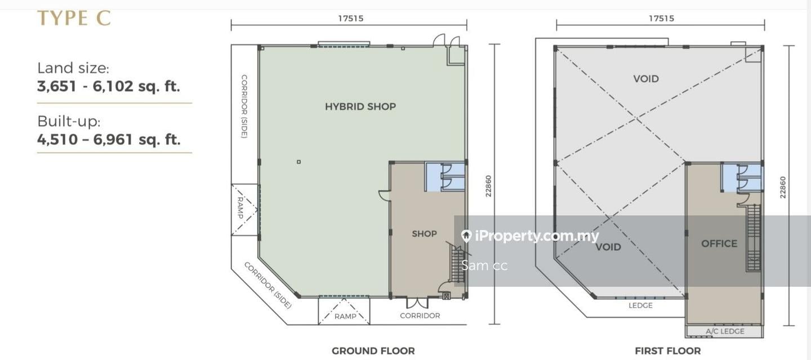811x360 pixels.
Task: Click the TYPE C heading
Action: click(x=74, y=19)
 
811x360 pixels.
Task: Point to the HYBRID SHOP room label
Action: click(x=360, y=106)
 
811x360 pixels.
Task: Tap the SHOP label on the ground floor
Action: click(x=424, y=234)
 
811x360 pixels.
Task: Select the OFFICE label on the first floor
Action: click(x=719, y=243)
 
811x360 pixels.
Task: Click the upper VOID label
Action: click(x=646, y=79)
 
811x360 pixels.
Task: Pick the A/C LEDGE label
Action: click(x=725, y=331)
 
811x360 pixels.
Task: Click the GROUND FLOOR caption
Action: click(x=373, y=350)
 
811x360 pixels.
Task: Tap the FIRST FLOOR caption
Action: click(x=667, y=350)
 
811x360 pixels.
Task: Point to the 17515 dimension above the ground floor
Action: click(x=350, y=18)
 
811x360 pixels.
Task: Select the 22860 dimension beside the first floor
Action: click(x=783, y=187)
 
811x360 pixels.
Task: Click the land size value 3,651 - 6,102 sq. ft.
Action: click(x=109, y=86)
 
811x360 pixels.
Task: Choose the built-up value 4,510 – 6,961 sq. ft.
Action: click(x=109, y=140)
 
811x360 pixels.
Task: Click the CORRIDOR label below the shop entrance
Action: click(x=420, y=315)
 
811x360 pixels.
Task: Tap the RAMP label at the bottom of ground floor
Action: click(x=345, y=316)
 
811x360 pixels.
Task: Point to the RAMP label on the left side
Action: click(x=240, y=207)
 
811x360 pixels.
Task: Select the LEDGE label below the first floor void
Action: click(x=640, y=305)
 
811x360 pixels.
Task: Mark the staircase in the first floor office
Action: click(x=753, y=237)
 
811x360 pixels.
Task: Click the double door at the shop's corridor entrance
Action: click(x=417, y=303)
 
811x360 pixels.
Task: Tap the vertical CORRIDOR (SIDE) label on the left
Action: click(x=244, y=106)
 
